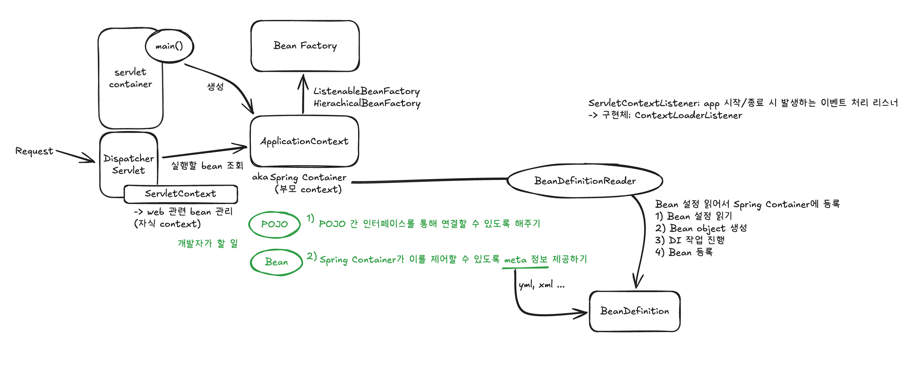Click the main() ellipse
(169, 46)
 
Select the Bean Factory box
(305, 46)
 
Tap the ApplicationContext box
(304, 141)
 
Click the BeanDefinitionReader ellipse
(585, 181)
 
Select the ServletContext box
(180, 194)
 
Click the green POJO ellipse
(274, 224)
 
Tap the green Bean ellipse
(276, 262)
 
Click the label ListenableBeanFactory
(366, 91)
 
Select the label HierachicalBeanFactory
(367, 103)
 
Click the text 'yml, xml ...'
(541, 285)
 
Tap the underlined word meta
(515, 260)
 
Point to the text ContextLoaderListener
(688, 115)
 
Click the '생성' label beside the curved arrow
(215, 86)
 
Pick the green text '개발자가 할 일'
(208, 243)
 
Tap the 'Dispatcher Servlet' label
(128, 164)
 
